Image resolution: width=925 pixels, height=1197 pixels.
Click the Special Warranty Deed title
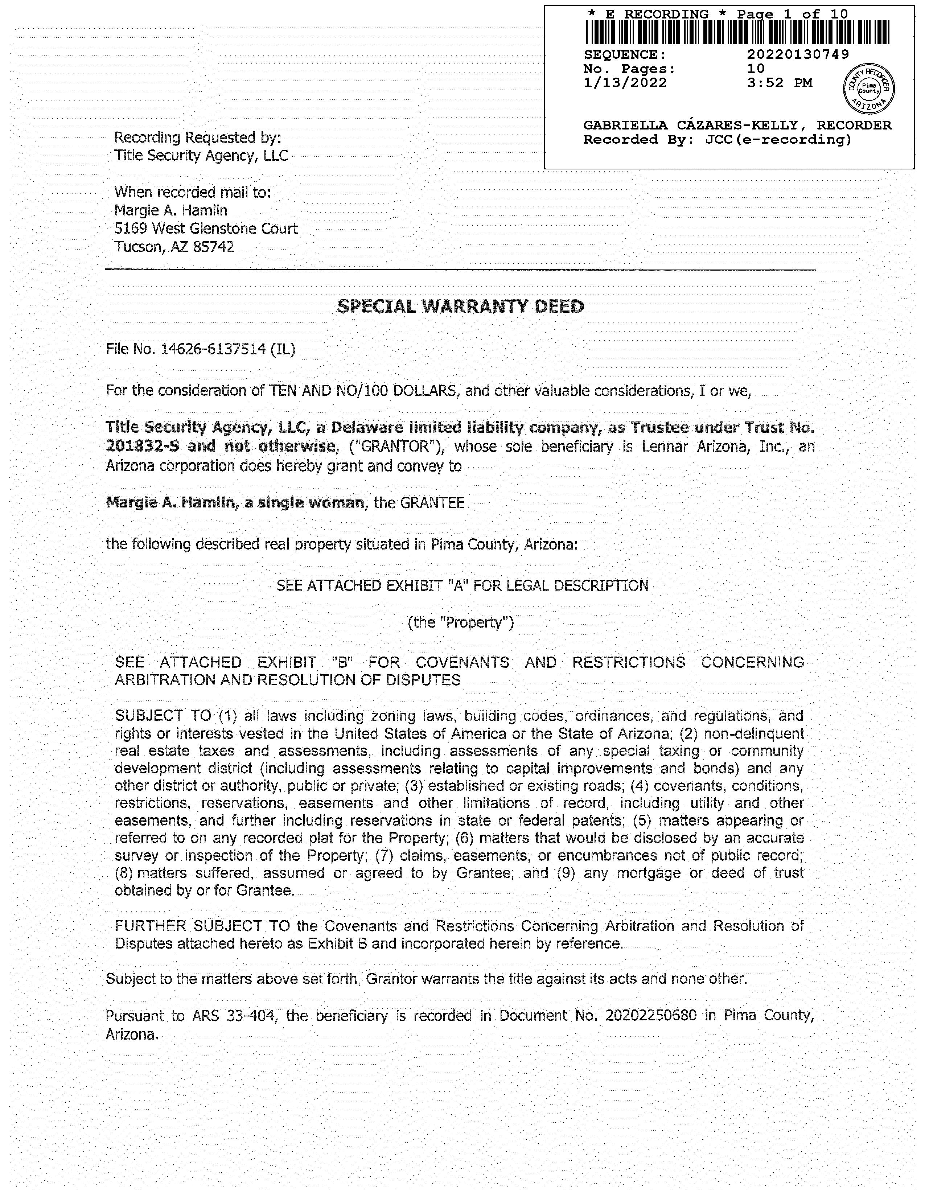coord(460,307)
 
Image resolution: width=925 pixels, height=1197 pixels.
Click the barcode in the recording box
coord(737,32)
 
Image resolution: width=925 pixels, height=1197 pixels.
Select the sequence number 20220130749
coord(798,54)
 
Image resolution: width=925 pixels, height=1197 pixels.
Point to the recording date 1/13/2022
coord(625,83)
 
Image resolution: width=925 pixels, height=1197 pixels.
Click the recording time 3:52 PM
coord(779,83)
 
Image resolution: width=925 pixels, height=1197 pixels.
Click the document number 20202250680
coord(651,1016)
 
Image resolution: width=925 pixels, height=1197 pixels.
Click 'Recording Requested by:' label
coord(197,137)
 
